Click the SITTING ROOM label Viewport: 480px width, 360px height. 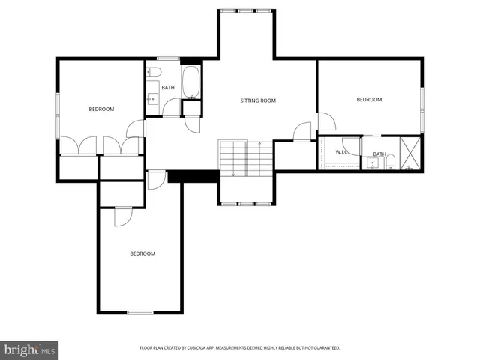pyautogui.click(x=258, y=100)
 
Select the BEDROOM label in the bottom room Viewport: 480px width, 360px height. pyautogui.click(x=142, y=253)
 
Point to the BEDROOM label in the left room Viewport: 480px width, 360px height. pyautogui.click(x=101, y=109)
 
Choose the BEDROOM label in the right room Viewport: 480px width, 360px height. pyautogui.click(x=368, y=100)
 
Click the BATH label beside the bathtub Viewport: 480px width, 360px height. pyautogui.click(x=168, y=88)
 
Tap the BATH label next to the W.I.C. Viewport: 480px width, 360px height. pyautogui.click(x=379, y=154)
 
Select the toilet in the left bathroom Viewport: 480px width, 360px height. pyautogui.click(x=154, y=72)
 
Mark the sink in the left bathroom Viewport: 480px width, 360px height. pyautogui.click(x=151, y=97)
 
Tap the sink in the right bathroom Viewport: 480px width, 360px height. pyautogui.click(x=372, y=163)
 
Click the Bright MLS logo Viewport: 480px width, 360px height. pyautogui.click(x=30, y=350)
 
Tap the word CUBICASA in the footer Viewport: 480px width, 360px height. pyautogui.click(x=199, y=348)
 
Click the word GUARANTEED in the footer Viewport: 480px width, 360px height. pyautogui.click(x=327, y=348)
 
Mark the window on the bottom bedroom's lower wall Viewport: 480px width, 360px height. pyautogui.click(x=139, y=312)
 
